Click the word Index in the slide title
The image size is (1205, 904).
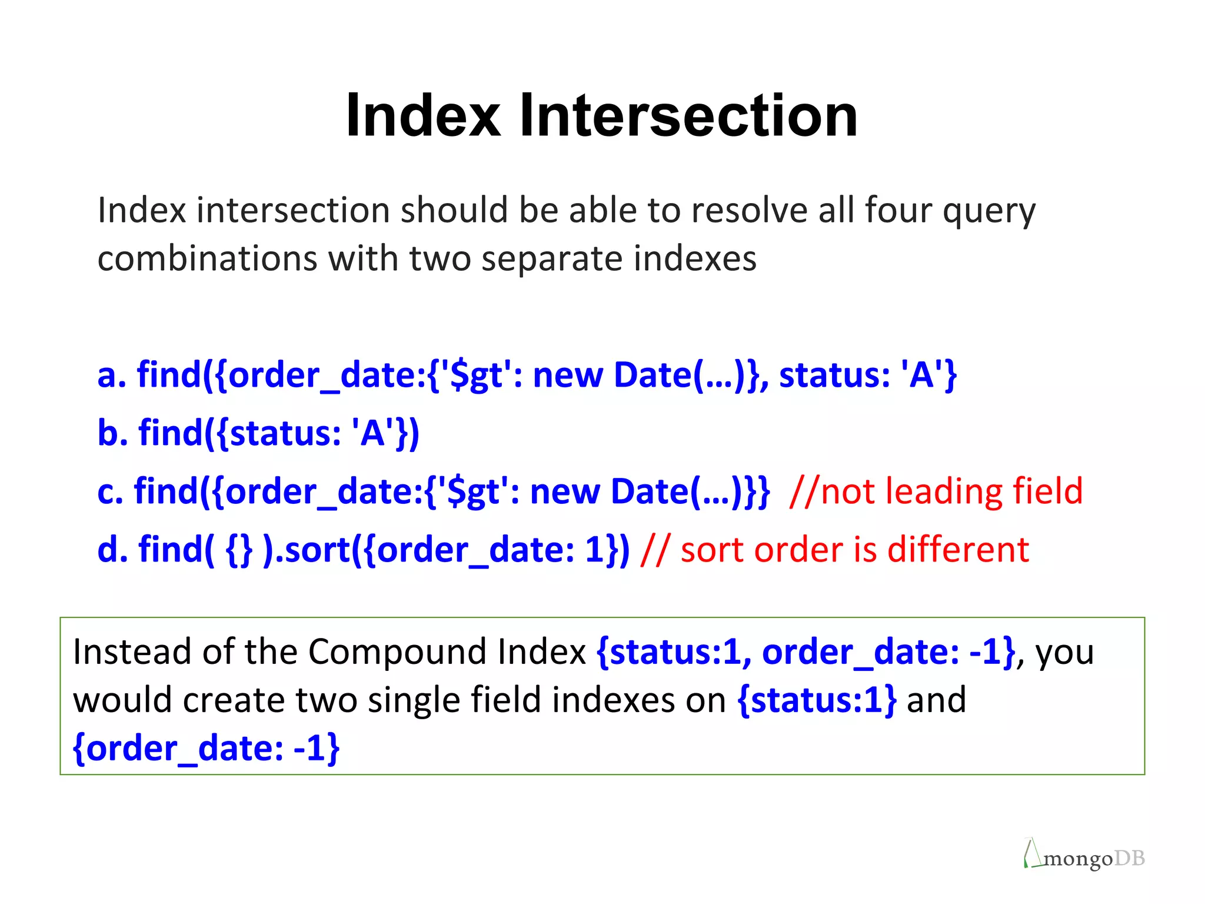[x=423, y=116]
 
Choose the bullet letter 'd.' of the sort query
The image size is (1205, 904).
[x=112, y=549]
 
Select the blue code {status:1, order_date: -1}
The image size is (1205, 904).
[x=805, y=652]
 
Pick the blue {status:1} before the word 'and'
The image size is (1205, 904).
[x=817, y=700]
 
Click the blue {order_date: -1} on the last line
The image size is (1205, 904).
[x=206, y=748]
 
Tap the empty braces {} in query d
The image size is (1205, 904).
[x=239, y=550]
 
